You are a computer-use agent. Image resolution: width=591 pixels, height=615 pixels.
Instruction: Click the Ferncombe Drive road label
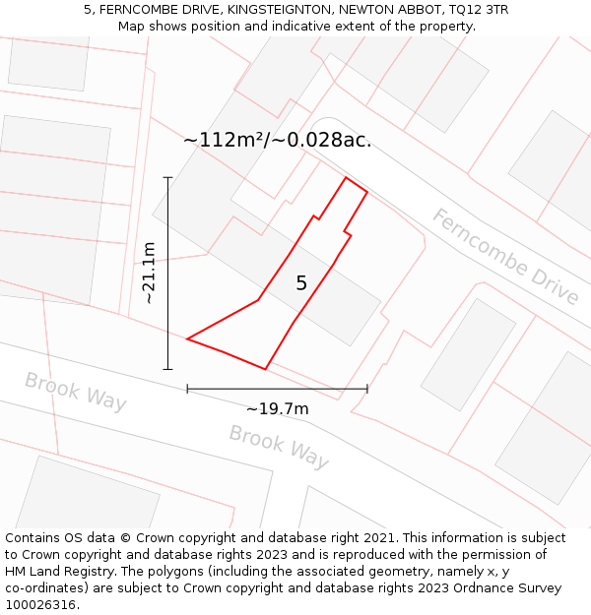point(504,256)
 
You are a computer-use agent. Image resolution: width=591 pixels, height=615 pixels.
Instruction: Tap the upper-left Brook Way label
point(76,391)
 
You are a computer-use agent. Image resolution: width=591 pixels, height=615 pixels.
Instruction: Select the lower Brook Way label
point(279,446)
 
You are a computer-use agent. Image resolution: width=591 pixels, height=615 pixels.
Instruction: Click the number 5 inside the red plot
point(301,283)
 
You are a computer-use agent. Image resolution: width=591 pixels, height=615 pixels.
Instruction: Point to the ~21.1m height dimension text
point(149,274)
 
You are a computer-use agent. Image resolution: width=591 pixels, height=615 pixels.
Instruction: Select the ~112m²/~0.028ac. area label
point(277,140)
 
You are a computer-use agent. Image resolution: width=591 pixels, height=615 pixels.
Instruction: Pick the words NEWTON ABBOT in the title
point(385,10)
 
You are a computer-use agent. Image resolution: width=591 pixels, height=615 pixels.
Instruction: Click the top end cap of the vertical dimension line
point(167,177)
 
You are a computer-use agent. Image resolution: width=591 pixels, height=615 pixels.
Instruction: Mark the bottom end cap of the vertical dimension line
point(167,370)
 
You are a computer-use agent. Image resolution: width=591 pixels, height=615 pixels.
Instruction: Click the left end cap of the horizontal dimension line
point(187,389)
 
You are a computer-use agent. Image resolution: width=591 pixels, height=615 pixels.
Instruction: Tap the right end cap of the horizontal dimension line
point(367,389)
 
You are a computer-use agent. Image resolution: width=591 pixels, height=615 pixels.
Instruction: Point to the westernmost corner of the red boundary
point(187,339)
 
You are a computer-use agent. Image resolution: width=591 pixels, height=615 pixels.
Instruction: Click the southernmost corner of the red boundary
point(265,369)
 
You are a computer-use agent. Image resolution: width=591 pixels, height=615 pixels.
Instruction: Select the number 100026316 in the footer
point(40,605)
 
